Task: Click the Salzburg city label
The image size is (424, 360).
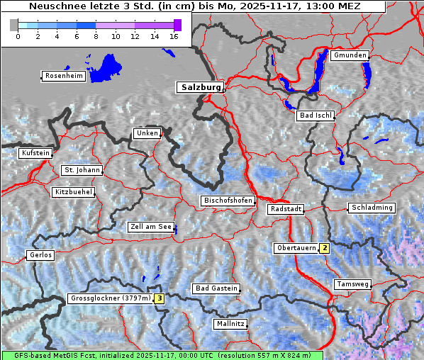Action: pyautogui.click(x=199, y=87)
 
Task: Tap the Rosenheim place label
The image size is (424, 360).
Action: pyautogui.click(x=63, y=76)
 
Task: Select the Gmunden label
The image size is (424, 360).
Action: pyautogui.click(x=350, y=55)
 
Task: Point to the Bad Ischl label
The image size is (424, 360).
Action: pyautogui.click(x=315, y=116)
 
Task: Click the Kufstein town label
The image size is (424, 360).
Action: pyautogui.click(x=35, y=153)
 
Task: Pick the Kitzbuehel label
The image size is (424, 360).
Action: pyautogui.click(x=73, y=192)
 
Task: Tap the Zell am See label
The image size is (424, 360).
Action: pyautogui.click(x=150, y=227)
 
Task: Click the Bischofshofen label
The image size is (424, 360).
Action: pyautogui.click(x=228, y=201)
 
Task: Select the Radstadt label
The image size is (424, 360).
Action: pyautogui.click(x=286, y=209)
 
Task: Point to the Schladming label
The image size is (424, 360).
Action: pyautogui.click(x=371, y=208)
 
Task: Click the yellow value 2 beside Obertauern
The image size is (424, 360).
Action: pyautogui.click(x=324, y=248)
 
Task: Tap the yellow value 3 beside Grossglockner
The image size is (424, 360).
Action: pyautogui.click(x=160, y=298)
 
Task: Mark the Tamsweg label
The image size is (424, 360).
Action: pyautogui.click(x=352, y=284)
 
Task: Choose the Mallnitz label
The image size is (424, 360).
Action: pyautogui.click(x=230, y=324)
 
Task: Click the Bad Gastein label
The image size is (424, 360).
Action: pyautogui.click(x=216, y=288)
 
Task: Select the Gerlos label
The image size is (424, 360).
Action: pyautogui.click(x=40, y=255)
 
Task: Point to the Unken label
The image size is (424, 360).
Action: pyautogui.click(x=147, y=133)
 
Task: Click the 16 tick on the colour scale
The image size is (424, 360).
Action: pyautogui.click(x=174, y=36)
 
